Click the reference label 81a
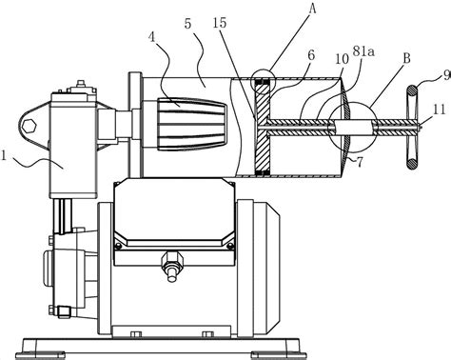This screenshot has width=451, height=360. tap(363, 52)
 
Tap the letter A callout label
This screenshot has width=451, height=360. tap(312, 9)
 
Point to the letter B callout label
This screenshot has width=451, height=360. tap(406, 58)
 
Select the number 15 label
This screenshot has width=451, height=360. tap(220, 23)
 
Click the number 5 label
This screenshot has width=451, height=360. tap(187, 24)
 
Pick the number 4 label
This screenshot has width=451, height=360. tap(152, 37)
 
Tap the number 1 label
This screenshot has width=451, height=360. tap(4, 156)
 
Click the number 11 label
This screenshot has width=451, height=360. tap(440, 110)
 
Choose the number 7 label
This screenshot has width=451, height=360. tap(360, 162)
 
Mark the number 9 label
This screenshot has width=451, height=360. tap(447, 75)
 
